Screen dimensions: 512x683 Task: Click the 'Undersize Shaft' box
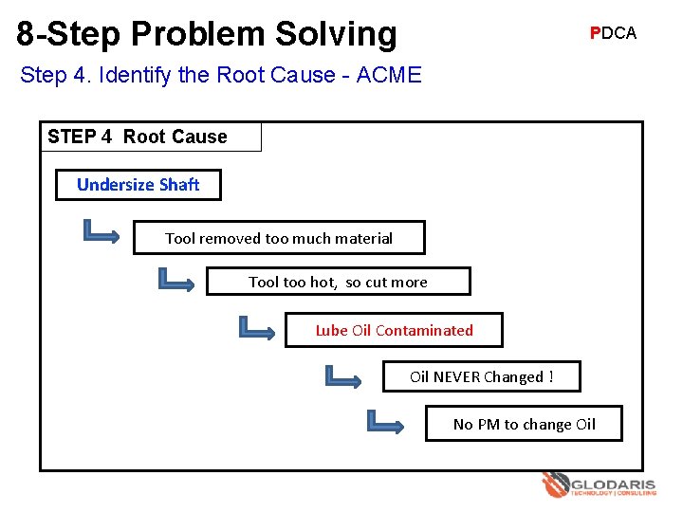coord(138,185)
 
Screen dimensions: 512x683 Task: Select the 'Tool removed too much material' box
coord(279,238)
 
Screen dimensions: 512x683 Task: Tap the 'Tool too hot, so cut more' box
coord(338,282)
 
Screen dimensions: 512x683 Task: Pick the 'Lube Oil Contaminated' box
coord(394,330)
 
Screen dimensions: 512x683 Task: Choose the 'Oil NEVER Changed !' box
coord(481,376)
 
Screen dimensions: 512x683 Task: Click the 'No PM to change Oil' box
coord(524,424)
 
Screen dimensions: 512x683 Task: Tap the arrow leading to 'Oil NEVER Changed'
coord(342,376)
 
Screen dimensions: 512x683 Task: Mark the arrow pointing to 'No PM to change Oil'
coord(385,423)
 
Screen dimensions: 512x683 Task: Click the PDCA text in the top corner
coord(613,33)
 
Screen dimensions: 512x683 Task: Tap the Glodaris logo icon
coord(555,485)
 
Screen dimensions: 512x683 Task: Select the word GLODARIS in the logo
coord(614,484)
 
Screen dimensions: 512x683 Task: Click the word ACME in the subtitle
coord(389,75)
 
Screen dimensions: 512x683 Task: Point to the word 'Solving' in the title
coord(337,33)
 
